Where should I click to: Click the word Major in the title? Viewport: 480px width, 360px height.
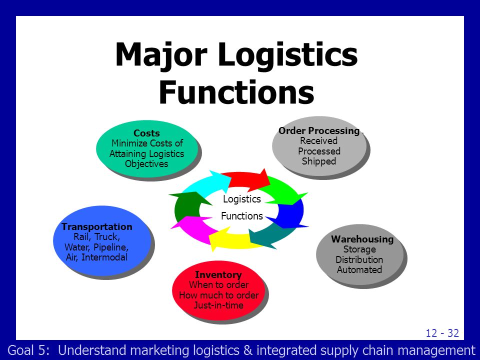coord(161,55)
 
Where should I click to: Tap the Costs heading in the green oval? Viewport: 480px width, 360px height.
coord(146,133)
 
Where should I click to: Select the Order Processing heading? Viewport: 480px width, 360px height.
coord(319,131)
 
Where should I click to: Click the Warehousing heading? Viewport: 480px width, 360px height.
coord(362,239)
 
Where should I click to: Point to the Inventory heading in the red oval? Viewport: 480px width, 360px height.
coord(218,274)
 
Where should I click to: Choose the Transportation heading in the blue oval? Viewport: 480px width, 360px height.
coord(96,226)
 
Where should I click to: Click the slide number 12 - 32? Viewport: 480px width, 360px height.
coord(442,333)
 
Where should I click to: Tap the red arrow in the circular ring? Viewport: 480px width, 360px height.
coord(246,179)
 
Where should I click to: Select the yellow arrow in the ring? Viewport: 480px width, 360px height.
coord(232,239)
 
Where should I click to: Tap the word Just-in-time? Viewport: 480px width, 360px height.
coord(218,305)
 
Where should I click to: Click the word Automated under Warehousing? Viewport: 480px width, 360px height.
coord(359,269)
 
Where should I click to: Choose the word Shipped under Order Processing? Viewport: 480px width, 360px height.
coord(319,161)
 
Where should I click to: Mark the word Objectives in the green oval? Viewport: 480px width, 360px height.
coord(146,164)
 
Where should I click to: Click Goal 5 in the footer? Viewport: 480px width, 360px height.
coord(28,350)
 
